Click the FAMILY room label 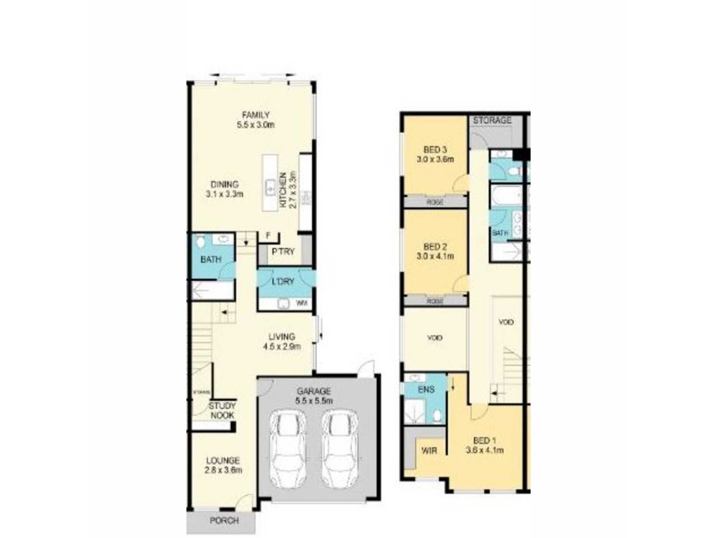tap(256, 115)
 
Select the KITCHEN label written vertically tap(283, 190)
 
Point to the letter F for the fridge tap(268, 236)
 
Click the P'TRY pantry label tap(283, 251)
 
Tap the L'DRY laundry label tap(283, 282)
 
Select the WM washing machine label tap(302, 303)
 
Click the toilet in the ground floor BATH tap(200, 242)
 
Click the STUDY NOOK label tap(222, 411)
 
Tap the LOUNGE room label tap(223, 461)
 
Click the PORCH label tap(224, 520)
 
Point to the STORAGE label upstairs tap(492, 121)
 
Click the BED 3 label tap(435, 150)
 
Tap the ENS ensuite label tap(426, 389)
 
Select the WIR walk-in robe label tap(429, 450)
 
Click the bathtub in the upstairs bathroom tap(505, 195)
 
